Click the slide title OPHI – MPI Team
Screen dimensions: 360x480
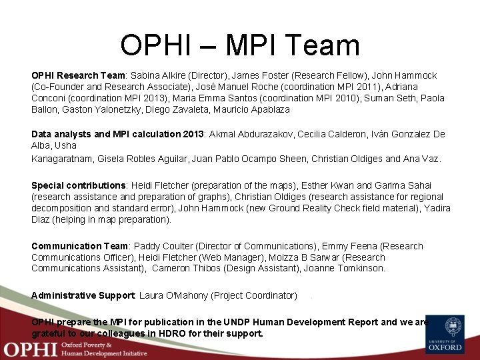(240, 45)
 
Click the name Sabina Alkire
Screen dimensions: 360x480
(159, 76)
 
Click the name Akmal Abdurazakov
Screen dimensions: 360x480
(256, 134)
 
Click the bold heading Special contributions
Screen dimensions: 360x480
(79, 185)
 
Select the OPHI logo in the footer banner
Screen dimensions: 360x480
(30, 349)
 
